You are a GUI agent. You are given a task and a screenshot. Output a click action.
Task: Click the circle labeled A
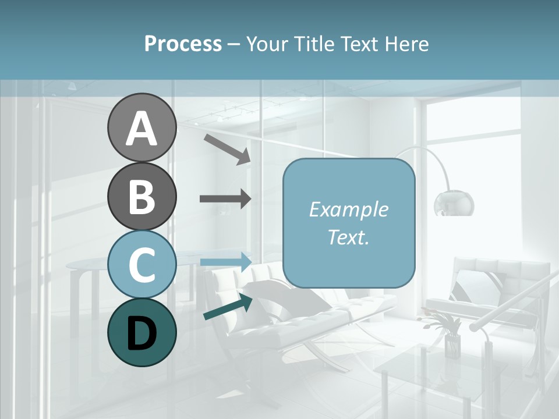141,128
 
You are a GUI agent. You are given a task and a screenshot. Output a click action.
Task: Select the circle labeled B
141,196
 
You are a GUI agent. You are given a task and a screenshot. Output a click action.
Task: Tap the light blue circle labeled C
141,265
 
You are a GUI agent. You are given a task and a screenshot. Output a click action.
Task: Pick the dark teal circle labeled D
141,332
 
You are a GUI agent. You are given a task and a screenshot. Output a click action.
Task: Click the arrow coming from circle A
227,148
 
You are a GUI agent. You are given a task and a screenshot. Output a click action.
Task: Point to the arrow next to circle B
225,199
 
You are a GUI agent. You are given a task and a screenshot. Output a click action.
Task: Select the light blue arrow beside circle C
225,261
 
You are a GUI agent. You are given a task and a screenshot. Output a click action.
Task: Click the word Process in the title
183,44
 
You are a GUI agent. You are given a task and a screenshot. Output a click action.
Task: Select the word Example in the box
348,210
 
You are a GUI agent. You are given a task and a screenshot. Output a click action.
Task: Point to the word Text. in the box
348,237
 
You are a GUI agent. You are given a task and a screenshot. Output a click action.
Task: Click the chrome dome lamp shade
454,203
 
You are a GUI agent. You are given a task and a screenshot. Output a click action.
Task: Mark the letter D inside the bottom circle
141,333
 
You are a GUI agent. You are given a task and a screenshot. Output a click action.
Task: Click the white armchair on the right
489,291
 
